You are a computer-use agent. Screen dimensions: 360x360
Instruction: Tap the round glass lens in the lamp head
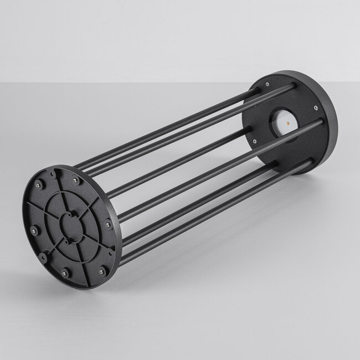click(x=284, y=119)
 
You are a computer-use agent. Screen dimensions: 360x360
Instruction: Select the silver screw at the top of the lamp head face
click(x=268, y=84)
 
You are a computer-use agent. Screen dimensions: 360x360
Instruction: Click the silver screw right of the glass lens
click(x=315, y=108)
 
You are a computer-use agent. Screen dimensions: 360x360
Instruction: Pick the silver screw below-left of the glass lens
click(x=254, y=141)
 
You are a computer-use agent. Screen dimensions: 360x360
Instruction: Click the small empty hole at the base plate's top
click(x=55, y=174)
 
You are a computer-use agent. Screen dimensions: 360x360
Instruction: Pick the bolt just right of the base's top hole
click(x=75, y=180)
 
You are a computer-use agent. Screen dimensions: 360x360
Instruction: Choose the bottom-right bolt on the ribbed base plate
click(x=101, y=271)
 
